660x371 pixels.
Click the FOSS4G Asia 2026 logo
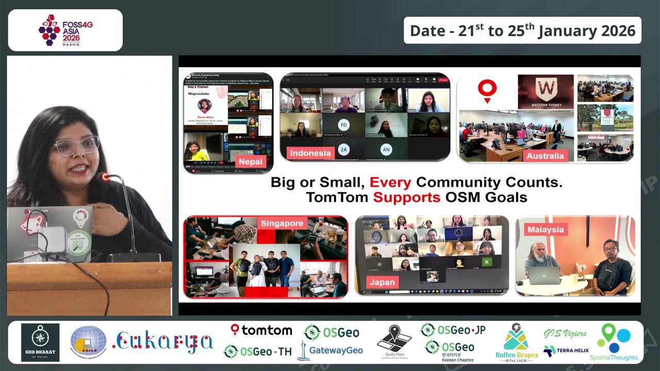[x=65, y=30]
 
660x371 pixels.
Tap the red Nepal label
[x=251, y=161]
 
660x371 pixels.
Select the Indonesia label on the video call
[x=310, y=153]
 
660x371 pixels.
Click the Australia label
[x=545, y=156]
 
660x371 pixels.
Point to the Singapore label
[x=282, y=223]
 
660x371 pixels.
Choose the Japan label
[x=382, y=282]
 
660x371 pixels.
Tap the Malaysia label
[x=546, y=229]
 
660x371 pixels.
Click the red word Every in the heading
[x=390, y=182]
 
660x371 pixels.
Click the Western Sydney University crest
[x=546, y=89]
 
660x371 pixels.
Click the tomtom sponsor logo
[x=261, y=330]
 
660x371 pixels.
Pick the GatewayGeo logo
[x=330, y=350]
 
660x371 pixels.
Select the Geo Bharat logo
[x=40, y=343]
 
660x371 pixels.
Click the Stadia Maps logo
[x=394, y=343]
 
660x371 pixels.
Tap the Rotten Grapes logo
[x=516, y=343]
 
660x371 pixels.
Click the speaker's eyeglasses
[x=77, y=146]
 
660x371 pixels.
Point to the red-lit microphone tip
[x=105, y=177]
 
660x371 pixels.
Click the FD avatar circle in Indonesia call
[x=343, y=125]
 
